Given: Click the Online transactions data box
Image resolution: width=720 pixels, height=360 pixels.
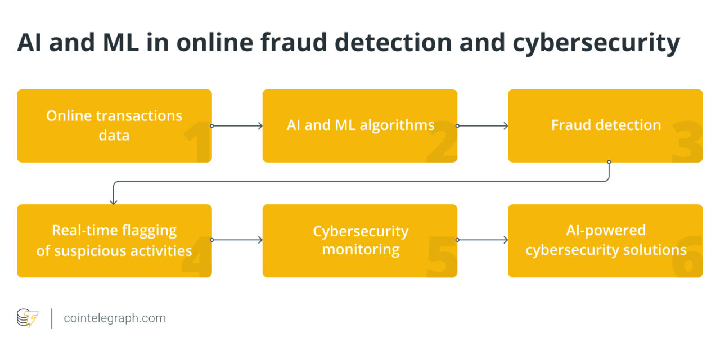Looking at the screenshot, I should point(114,125).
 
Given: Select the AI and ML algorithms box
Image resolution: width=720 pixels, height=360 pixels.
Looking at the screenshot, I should point(360,125).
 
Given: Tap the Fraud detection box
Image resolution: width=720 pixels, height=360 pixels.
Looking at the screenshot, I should point(605,125).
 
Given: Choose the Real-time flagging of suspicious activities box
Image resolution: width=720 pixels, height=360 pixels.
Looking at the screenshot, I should point(114,241).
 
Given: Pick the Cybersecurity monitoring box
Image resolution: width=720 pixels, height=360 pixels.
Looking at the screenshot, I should point(360,241).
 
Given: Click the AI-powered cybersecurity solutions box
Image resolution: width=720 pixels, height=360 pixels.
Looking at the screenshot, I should point(605,241).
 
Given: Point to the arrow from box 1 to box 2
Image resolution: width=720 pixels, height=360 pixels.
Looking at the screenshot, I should point(237,126).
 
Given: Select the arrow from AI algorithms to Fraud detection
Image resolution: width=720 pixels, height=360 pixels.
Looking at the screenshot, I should point(483,126).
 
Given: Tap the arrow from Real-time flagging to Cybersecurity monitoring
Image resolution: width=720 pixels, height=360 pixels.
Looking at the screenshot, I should point(237,240).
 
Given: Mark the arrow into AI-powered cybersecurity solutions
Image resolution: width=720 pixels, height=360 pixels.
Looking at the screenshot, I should point(483,240).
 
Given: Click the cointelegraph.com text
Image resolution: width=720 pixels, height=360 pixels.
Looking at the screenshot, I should point(115,318).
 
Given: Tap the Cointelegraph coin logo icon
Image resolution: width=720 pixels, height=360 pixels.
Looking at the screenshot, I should point(27,318).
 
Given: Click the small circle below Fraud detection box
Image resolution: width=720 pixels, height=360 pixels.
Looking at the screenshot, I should point(609,162).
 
